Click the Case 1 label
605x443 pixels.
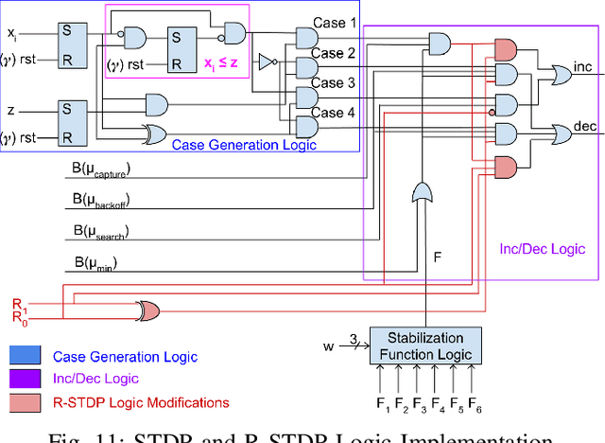334,23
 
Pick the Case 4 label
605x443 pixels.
334,113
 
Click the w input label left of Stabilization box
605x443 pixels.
328,346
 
